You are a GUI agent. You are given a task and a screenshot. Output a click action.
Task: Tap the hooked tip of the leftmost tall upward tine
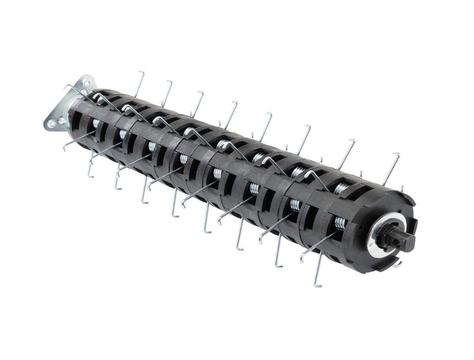(x=141, y=71)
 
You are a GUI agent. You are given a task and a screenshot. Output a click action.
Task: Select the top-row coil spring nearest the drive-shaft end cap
(x=342, y=188)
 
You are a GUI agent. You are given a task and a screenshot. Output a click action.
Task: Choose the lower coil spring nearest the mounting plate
(x=96, y=124)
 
